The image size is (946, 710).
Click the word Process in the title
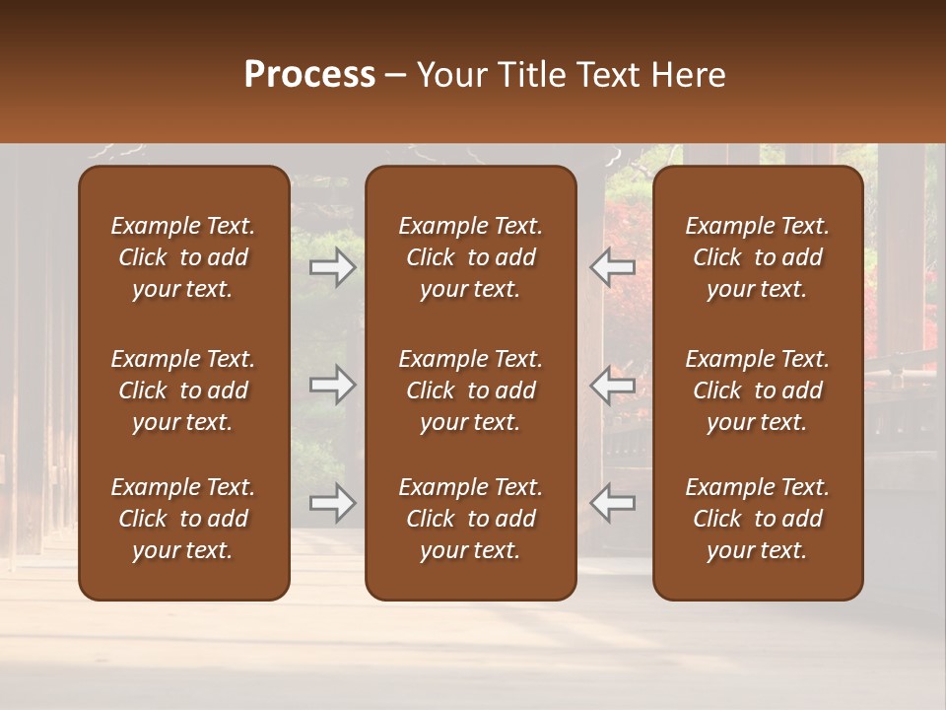point(309,75)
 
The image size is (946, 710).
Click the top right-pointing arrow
point(332,267)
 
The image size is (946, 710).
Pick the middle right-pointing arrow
point(332,385)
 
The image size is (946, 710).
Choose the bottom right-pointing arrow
point(332,503)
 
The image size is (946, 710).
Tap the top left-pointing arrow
point(612,267)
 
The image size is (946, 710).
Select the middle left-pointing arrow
point(612,385)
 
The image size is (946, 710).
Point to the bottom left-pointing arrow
point(612,503)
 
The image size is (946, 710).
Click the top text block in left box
point(183,257)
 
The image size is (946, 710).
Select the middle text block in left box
point(183,390)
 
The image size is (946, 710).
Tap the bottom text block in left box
point(183,519)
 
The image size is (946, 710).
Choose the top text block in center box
point(470,257)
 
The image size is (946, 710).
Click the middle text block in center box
point(470,390)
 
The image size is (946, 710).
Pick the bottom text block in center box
point(470,519)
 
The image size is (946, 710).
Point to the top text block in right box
point(757,257)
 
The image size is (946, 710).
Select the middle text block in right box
point(757,390)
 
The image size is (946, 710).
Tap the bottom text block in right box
point(757,519)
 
